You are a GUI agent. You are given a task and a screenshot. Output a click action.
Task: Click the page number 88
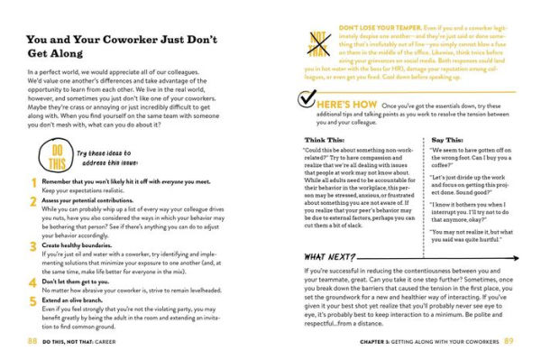(32, 340)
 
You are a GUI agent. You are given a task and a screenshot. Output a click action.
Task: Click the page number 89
(509, 340)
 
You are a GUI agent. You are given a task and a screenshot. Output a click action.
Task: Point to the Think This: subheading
(322, 141)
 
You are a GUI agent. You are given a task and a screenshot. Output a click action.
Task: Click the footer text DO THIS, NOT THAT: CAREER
(88, 340)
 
